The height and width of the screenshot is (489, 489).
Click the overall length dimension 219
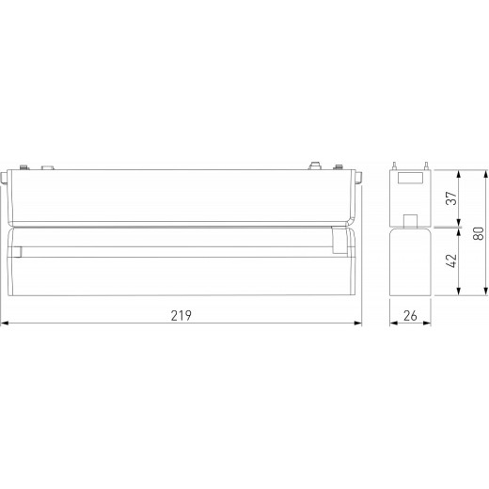click(181, 314)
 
